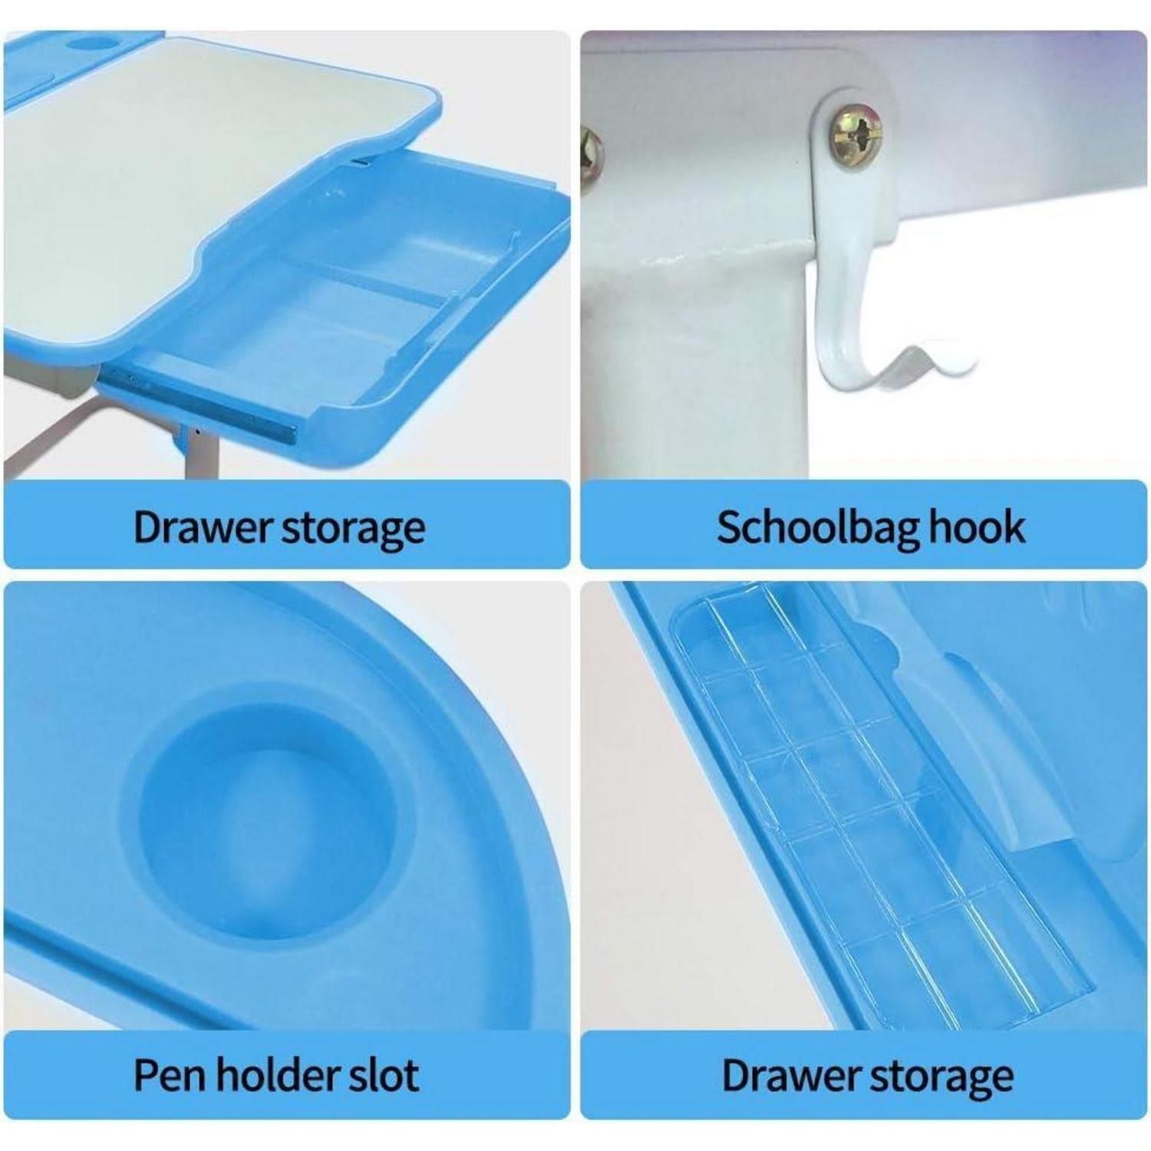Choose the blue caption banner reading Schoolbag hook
tap(863, 525)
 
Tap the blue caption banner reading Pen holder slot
tap(287, 1074)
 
